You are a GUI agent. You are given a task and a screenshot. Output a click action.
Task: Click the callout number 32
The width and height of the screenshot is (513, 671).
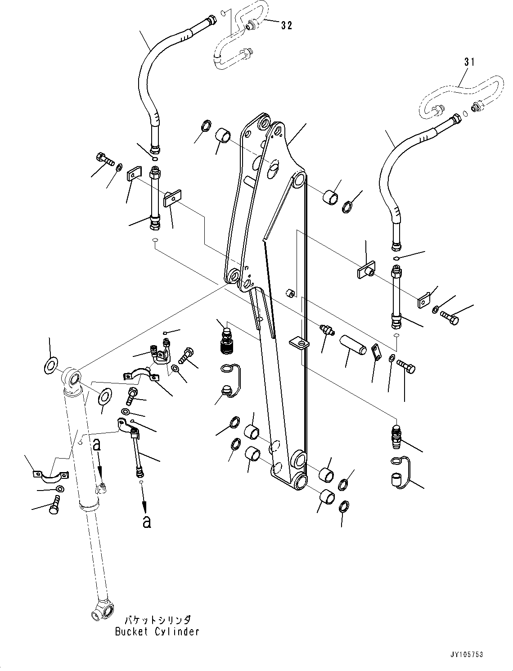pos(287,26)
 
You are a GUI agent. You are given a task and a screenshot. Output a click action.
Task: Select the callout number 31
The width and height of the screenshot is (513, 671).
pos(469,62)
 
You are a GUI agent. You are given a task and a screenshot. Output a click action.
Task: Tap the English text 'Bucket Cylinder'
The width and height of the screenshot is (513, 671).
pos(157,631)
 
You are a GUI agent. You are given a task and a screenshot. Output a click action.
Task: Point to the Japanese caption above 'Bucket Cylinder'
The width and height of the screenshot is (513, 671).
pos(157,619)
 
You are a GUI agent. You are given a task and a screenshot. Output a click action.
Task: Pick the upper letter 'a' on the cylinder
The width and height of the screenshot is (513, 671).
pos(96,445)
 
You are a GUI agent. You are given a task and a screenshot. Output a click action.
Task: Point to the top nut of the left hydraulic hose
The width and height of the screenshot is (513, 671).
pos(211,21)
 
